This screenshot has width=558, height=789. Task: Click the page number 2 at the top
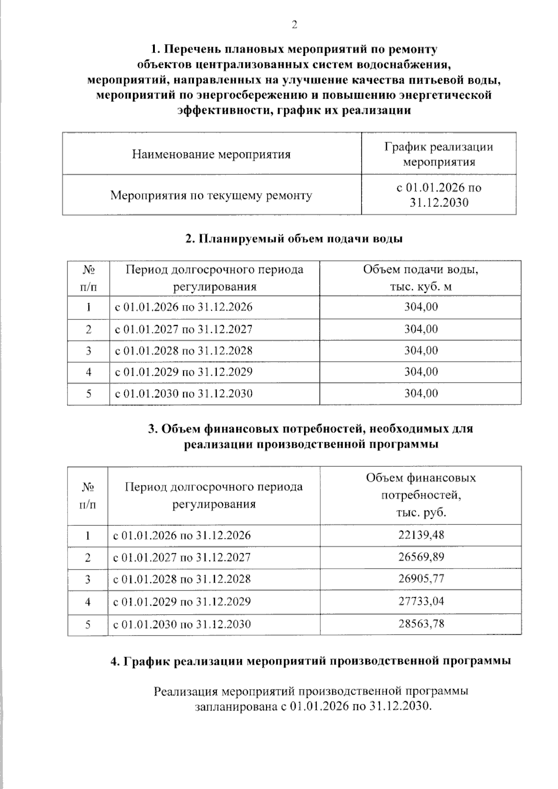pos(294,25)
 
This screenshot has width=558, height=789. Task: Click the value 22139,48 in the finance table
pos(421,535)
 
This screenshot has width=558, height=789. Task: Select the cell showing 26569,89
pos(421,557)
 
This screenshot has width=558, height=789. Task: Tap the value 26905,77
pos(421,578)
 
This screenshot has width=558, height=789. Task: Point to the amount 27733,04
pos(421,601)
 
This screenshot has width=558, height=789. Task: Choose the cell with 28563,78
pos(421,623)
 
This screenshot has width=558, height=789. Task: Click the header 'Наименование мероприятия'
pos(211,154)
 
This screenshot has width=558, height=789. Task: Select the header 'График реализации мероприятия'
pos(438,154)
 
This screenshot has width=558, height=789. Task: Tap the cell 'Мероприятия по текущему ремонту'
pos(211,195)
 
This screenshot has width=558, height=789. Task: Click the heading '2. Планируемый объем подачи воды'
pos(294,239)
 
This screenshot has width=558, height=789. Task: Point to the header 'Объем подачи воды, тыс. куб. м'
pos(420,278)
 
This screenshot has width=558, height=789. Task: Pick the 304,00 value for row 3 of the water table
pos(421,351)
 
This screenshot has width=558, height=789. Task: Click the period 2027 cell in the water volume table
pos(184,329)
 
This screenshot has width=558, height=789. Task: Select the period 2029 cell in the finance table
pos(182,601)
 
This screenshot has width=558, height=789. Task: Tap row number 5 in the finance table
pos(87,624)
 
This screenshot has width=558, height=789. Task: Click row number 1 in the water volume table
pos(88,307)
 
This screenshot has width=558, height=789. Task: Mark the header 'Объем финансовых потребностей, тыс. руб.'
pos(420,495)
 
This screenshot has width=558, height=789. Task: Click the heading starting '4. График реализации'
pos(311,661)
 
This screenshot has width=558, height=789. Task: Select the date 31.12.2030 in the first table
pos(438,203)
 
